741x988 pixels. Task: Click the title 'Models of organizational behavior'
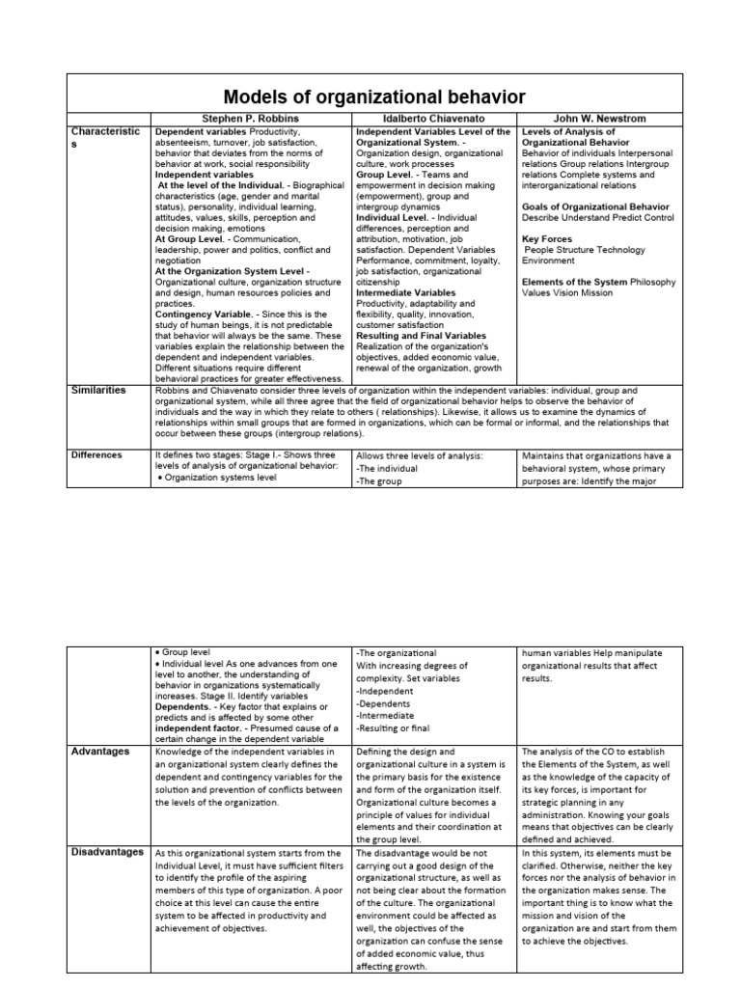coord(374,96)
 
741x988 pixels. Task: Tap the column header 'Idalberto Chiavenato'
coord(435,119)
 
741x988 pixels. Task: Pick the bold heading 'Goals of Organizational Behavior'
coord(595,206)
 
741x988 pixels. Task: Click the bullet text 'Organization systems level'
coord(221,476)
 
